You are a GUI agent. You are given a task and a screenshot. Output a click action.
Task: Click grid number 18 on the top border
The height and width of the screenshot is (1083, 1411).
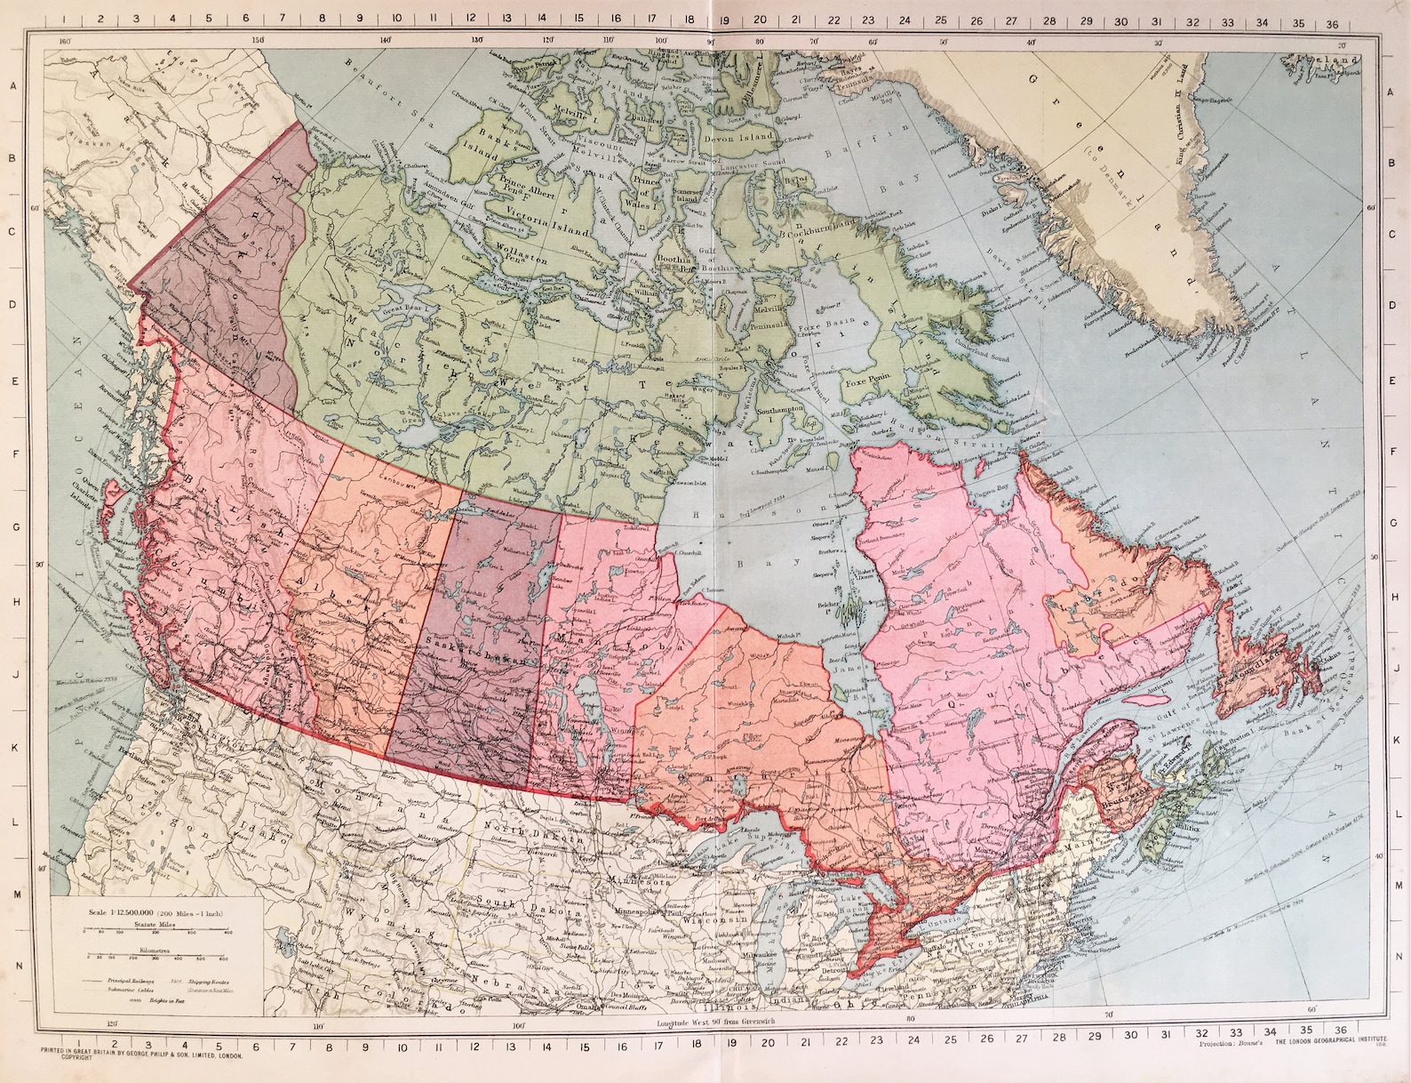coord(689,18)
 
